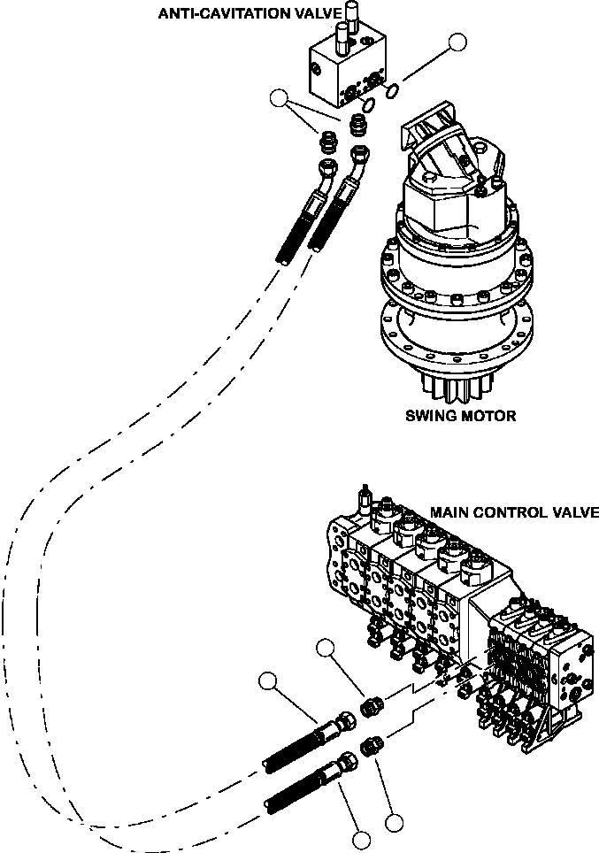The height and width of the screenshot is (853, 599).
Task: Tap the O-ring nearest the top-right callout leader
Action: coord(395,88)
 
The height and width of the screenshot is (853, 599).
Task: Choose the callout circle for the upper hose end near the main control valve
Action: coord(268,681)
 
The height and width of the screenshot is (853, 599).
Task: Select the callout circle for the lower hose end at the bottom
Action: coord(360,841)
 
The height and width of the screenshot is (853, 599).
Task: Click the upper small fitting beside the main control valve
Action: coord(373,705)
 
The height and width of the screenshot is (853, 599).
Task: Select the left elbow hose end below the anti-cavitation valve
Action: coord(326,168)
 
